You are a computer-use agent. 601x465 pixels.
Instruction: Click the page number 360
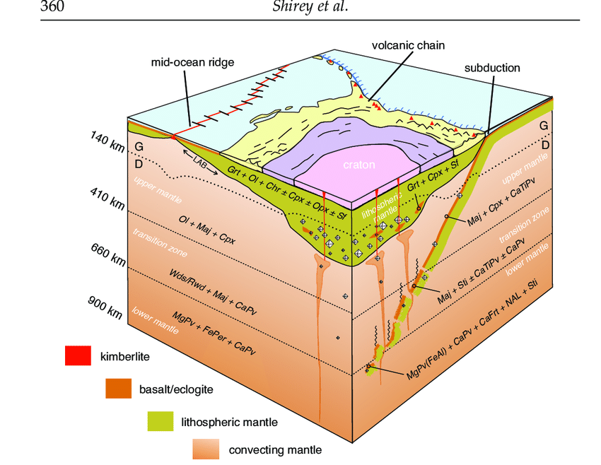pyautogui.click(x=56, y=8)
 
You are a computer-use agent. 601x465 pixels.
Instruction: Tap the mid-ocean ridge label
pyautogui.click(x=192, y=62)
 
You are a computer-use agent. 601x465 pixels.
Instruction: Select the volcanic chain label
pyautogui.click(x=409, y=46)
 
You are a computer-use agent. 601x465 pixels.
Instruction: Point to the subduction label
pyautogui.click(x=492, y=68)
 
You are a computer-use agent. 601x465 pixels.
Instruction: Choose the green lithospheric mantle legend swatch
pyautogui.click(x=160, y=422)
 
